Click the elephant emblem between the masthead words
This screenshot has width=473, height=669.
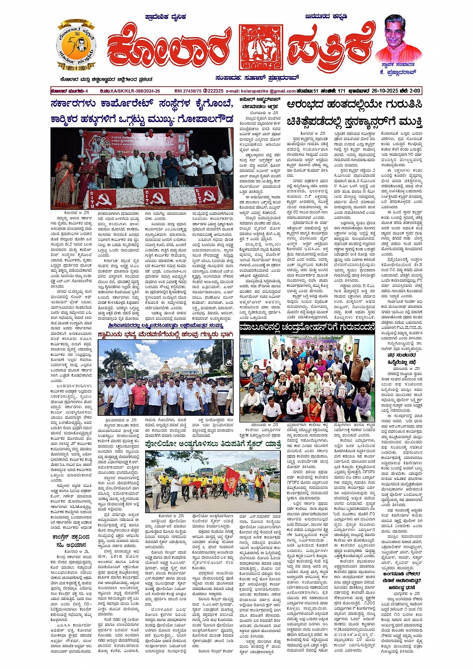[x=261, y=47]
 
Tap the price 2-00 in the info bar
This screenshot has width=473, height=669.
[x=414, y=91]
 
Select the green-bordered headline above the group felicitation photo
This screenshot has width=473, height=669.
[x=307, y=328]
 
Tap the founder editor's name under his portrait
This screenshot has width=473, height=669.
[x=399, y=72]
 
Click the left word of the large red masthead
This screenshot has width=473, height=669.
[x=169, y=49]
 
